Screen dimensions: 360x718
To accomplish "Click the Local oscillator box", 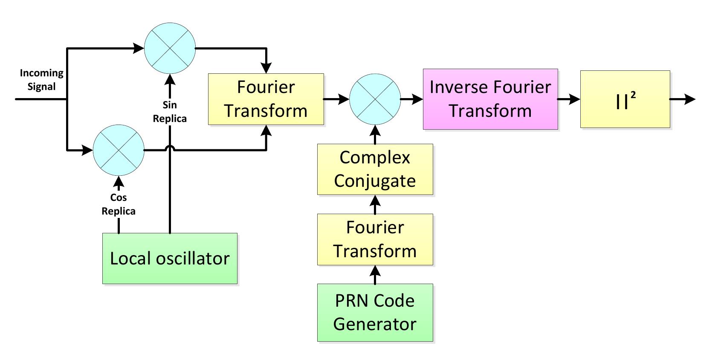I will (170, 258).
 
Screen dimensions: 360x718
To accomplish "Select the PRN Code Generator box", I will (375, 313).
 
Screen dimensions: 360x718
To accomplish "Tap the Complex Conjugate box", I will (375, 169).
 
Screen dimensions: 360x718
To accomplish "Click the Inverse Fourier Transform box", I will (490, 99).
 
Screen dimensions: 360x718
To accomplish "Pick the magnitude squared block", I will (625, 99).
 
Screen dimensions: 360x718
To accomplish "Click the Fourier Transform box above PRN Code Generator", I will (375, 239).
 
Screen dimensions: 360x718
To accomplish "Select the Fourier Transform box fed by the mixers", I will (266, 99).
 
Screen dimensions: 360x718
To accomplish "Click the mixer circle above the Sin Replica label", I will (170, 48).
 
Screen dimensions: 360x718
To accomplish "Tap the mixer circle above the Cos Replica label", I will (119, 150).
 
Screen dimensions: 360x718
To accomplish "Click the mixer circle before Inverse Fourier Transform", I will (375, 99).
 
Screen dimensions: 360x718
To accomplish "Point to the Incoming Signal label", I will (41, 80).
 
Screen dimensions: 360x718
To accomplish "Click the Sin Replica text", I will (170, 112).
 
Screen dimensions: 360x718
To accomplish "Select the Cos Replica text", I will (119, 204).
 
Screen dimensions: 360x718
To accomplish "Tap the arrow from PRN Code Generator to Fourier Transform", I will (375, 275).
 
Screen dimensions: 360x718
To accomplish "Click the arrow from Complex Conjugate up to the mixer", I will (375, 134).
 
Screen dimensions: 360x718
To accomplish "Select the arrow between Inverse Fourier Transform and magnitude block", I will (569, 99).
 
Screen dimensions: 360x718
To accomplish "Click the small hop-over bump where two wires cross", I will (170, 148).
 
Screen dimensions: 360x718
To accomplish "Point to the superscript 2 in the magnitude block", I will (633, 96).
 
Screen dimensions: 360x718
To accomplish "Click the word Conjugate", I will (375, 181).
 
